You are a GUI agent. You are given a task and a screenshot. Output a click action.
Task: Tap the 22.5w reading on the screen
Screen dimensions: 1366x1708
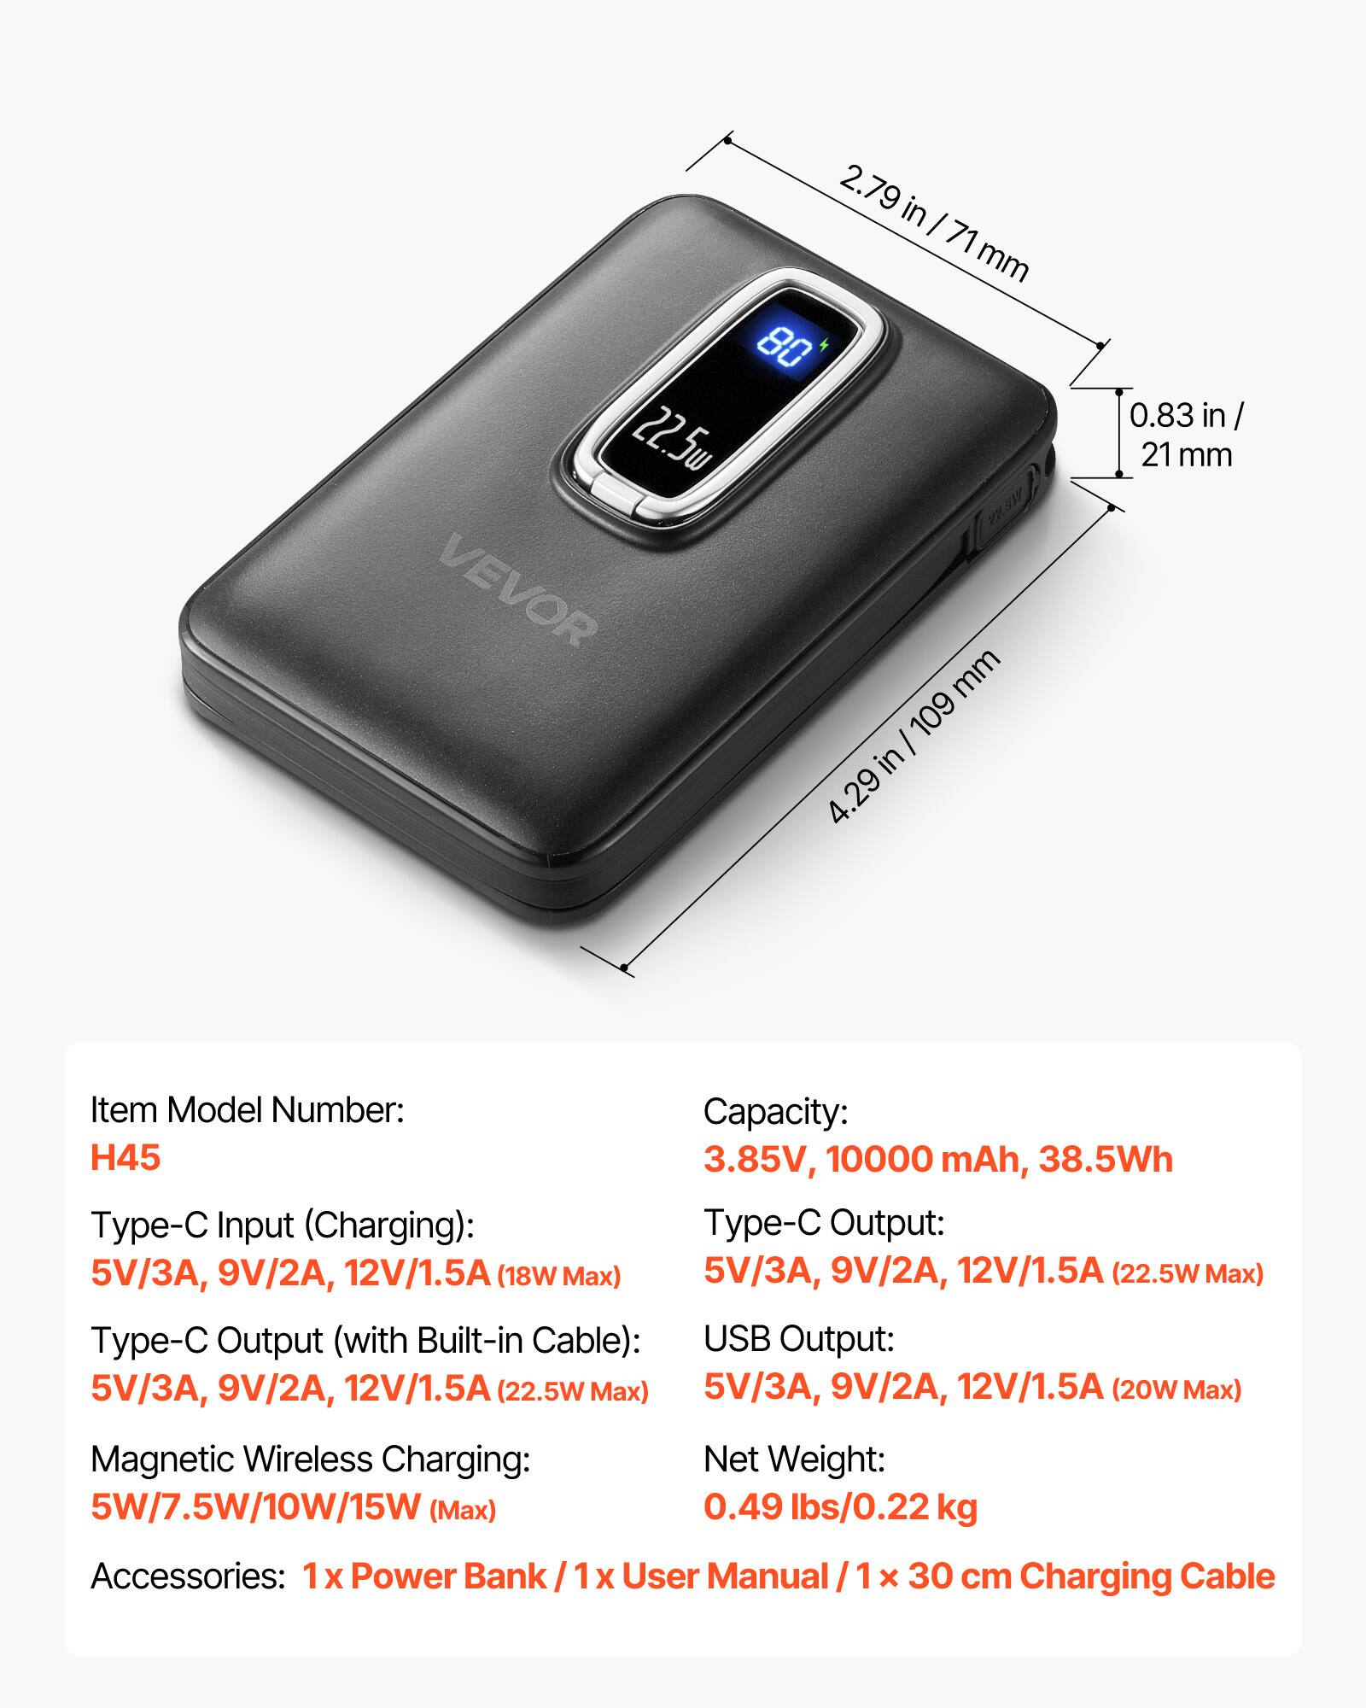click(671, 440)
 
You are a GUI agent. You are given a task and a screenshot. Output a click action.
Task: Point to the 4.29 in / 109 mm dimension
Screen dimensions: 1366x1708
click(914, 736)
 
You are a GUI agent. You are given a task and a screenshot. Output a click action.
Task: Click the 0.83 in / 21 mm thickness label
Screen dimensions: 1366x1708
click(1187, 435)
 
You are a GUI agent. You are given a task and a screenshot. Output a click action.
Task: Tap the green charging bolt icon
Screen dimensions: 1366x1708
click(823, 345)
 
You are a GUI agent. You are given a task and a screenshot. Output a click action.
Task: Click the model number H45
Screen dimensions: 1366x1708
click(126, 1158)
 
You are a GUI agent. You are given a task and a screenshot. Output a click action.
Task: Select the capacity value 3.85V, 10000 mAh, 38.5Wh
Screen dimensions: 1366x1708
click(938, 1159)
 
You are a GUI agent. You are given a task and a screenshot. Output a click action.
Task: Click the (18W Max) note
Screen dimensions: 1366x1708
click(559, 1277)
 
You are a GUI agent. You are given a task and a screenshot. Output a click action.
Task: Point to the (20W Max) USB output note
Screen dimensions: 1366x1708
click(1176, 1389)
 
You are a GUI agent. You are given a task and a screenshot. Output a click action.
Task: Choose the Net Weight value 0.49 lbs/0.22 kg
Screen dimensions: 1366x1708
click(840, 1506)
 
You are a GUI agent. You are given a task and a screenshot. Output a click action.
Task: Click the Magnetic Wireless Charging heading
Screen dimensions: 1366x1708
click(311, 1459)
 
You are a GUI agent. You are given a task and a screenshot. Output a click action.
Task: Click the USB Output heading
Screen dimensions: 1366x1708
click(799, 1339)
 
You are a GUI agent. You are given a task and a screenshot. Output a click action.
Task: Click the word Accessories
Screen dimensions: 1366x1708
click(187, 1576)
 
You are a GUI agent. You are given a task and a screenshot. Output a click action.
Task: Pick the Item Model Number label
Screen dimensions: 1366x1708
click(248, 1110)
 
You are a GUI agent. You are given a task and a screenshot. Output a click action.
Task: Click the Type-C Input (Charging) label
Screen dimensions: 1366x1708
click(283, 1225)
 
